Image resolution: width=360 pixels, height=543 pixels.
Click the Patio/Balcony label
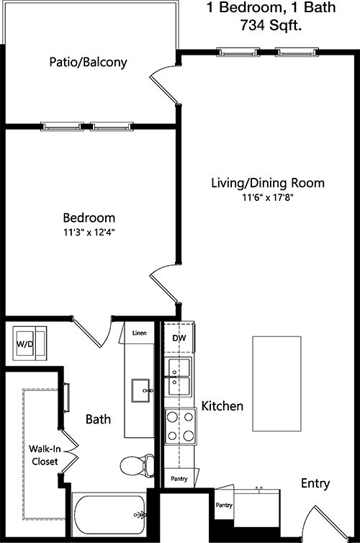tap(88, 62)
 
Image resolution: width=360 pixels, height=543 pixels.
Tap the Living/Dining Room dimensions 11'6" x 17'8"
tap(268, 198)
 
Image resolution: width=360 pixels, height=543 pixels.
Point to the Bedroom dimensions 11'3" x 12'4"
tap(89, 233)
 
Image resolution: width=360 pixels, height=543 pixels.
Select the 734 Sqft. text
tap(271, 25)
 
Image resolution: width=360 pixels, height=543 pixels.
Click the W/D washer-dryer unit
tap(30, 344)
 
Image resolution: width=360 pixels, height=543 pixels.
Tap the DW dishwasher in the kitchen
tap(179, 338)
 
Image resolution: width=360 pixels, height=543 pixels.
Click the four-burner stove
tap(180, 426)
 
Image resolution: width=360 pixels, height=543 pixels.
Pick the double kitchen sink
tap(179, 377)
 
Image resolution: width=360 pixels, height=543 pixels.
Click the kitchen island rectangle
tap(276, 383)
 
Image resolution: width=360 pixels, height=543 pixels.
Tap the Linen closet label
tap(139, 333)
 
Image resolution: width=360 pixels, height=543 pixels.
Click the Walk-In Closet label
tap(45, 455)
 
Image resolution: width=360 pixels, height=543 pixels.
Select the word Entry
tap(315, 483)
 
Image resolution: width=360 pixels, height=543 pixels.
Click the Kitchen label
tap(222, 406)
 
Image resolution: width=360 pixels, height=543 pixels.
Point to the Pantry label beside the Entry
tap(224, 506)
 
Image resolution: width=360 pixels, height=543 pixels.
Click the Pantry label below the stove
tap(179, 479)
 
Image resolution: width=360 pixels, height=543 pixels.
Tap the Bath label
tap(99, 419)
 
